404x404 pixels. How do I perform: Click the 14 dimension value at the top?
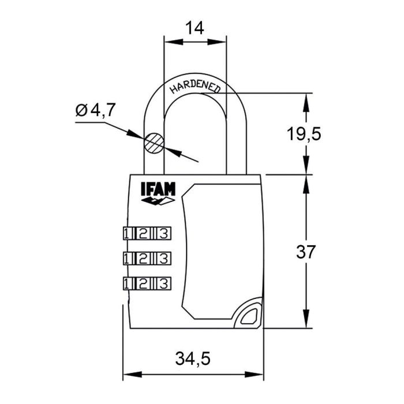point(195,27)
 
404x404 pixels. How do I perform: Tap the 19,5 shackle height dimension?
point(304,134)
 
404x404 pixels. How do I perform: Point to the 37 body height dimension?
point(304,252)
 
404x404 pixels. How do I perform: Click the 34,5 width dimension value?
point(193,359)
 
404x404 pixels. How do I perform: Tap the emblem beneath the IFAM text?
point(158,201)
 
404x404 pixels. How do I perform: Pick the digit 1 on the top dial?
point(127,234)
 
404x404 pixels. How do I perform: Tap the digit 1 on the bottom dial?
point(127,283)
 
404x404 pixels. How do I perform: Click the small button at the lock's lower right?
point(249,315)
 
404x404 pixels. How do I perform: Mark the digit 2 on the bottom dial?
point(145,283)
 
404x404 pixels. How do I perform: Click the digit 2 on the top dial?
point(145,234)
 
